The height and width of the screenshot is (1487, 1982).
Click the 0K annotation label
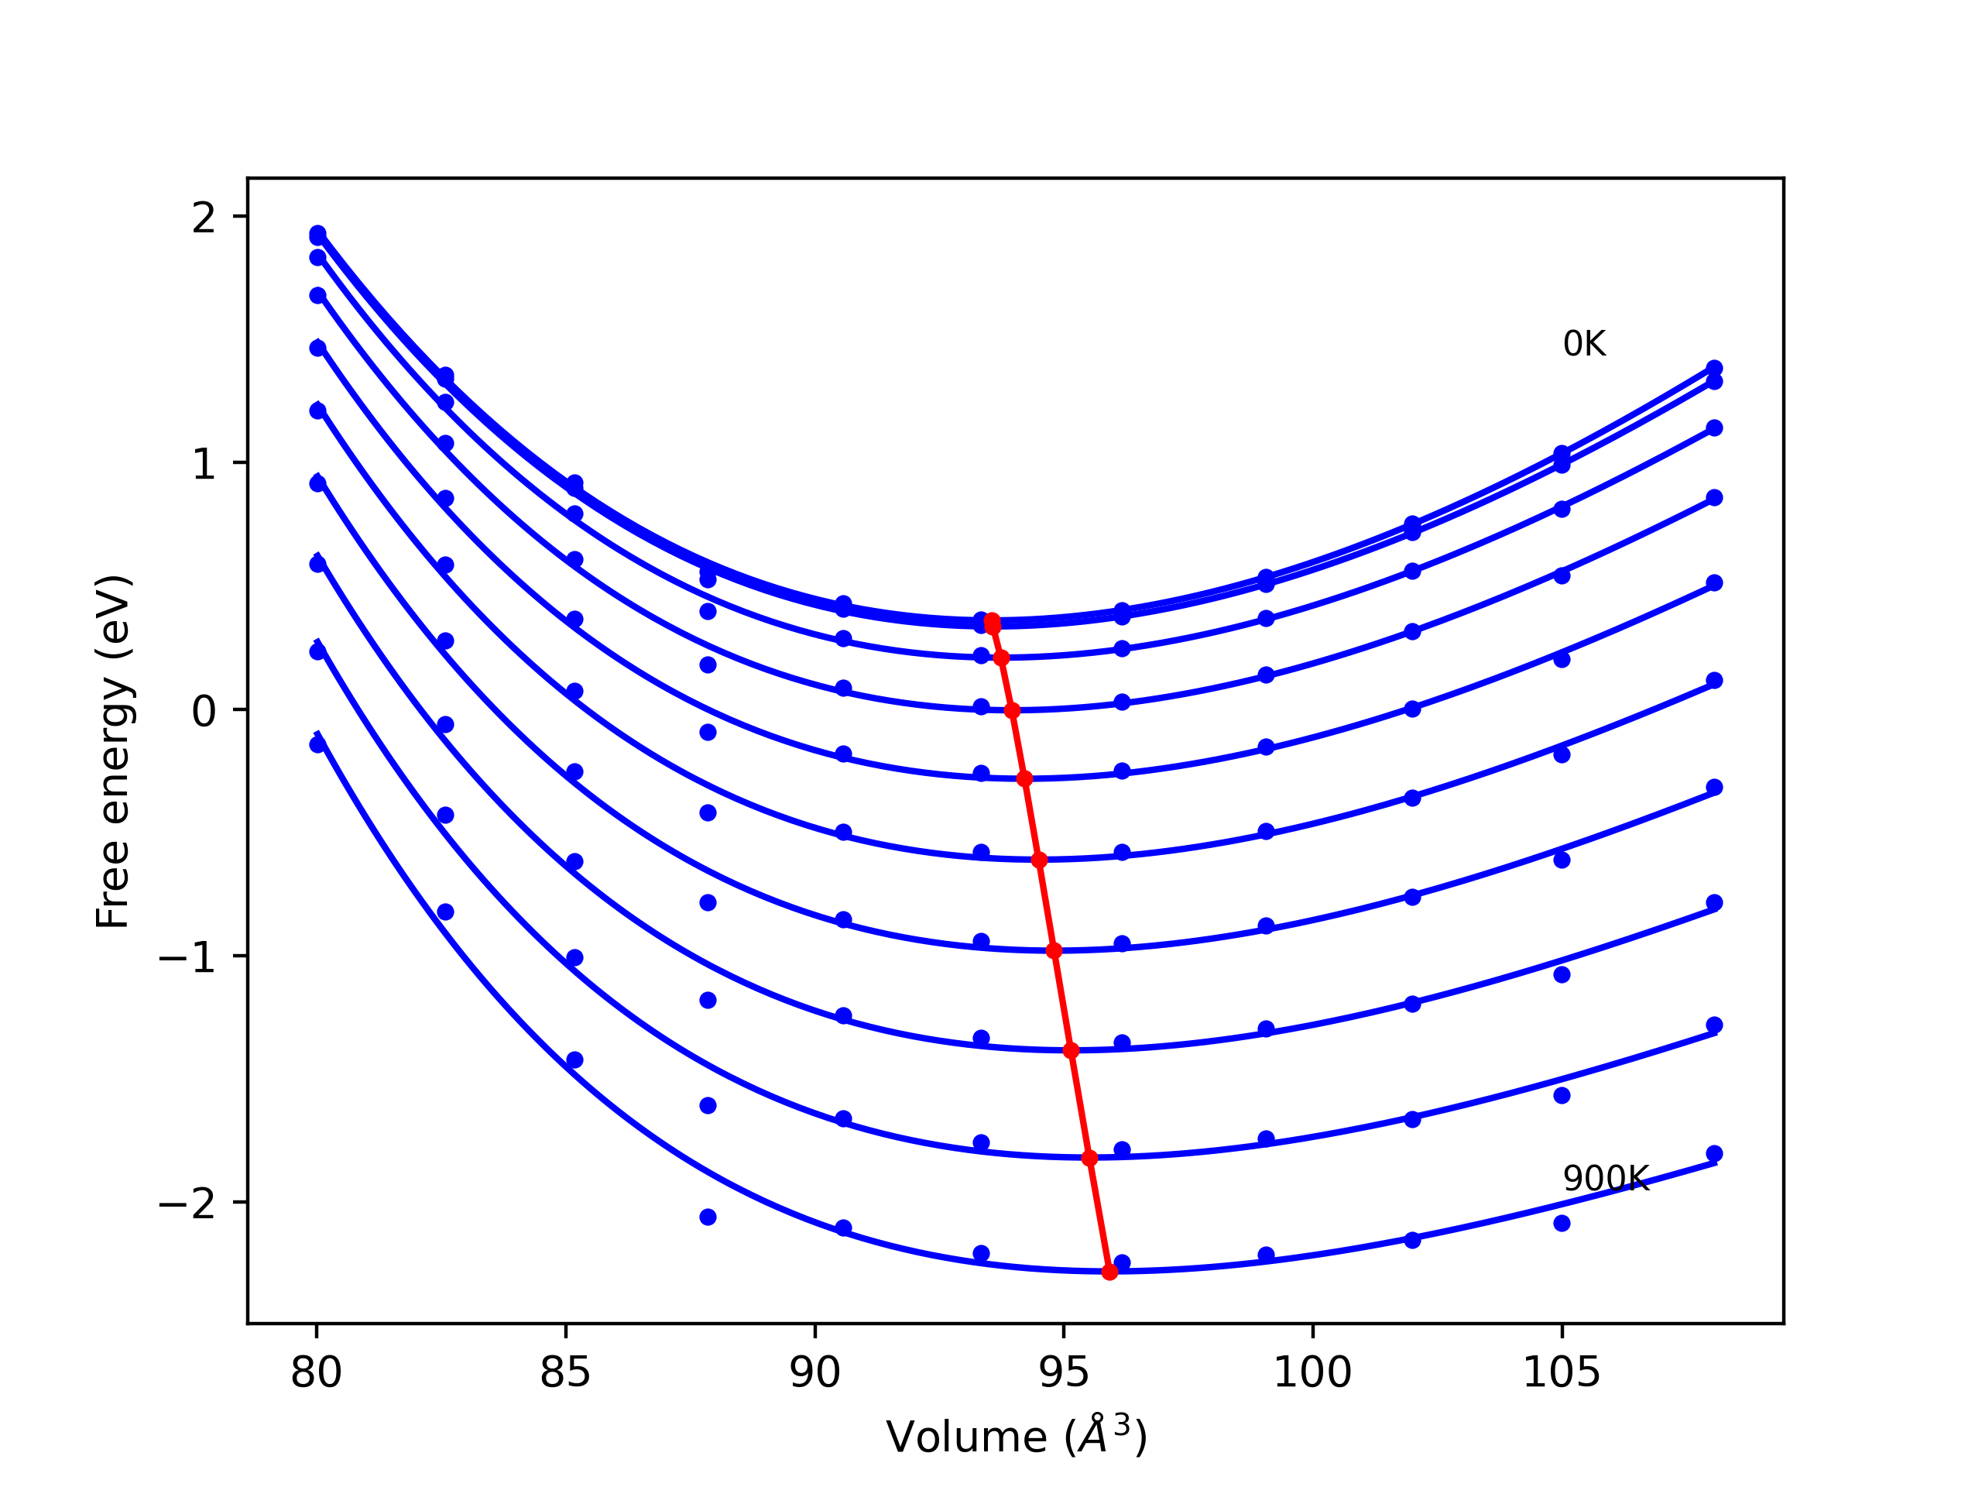tap(1583, 344)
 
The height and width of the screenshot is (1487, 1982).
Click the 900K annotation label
tap(1605, 1179)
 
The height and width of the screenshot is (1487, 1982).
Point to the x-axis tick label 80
tap(317, 1372)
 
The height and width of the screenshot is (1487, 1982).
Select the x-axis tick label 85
tap(565, 1372)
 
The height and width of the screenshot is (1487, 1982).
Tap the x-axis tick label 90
tap(814, 1372)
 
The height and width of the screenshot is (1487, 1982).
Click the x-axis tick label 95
tap(1064, 1372)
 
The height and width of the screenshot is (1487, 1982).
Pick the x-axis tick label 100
tap(1312, 1372)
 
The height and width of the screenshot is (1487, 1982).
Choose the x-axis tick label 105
tap(1562, 1372)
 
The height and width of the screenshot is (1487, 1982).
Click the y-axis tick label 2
tap(204, 218)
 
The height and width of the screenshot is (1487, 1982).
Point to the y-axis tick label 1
tap(204, 463)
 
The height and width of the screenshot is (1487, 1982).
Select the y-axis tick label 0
tap(204, 711)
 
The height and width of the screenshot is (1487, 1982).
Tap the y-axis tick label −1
tap(187, 957)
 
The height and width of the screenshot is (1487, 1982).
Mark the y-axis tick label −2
tap(187, 1204)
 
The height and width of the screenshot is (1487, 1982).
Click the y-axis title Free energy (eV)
tap(114, 751)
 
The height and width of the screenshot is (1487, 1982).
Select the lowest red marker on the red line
tap(1109, 1272)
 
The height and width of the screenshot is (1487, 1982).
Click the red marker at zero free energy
tap(1013, 711)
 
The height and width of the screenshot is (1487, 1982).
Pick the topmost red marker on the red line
tap(992, 621)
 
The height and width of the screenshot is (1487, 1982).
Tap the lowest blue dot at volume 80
tap(317, 745)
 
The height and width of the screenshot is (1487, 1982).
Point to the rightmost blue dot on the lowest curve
tap(1714, 1153)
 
